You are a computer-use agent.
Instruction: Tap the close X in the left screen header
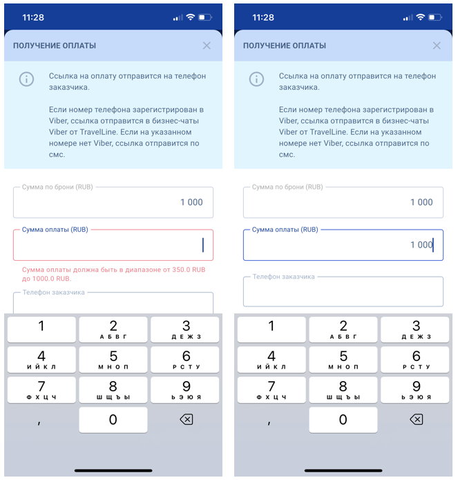[207, 46]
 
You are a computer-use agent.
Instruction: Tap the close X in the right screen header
[437, 46]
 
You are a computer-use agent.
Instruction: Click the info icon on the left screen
[27, 80]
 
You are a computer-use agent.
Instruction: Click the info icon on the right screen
[256, 80]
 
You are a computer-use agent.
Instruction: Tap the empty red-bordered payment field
[113, 246]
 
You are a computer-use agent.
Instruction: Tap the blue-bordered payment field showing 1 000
[343, 246]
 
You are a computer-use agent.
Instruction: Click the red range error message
[113, 274]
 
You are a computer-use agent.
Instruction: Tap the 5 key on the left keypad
[113, 360]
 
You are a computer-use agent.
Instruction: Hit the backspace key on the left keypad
[187, 419]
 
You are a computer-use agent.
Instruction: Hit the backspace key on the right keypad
[417, 419]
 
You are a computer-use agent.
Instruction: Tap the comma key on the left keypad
[39, 423]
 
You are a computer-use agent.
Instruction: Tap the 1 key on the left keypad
[41, 329]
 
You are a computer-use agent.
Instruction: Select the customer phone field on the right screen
[343, 292]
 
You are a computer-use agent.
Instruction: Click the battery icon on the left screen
[205, 17]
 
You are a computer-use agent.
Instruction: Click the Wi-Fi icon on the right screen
[421, 17]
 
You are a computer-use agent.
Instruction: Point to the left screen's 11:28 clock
[33, 17]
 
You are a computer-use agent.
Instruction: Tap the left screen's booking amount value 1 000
[191, 203]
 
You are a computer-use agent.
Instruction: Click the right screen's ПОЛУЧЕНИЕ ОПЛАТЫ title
[285, 46]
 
